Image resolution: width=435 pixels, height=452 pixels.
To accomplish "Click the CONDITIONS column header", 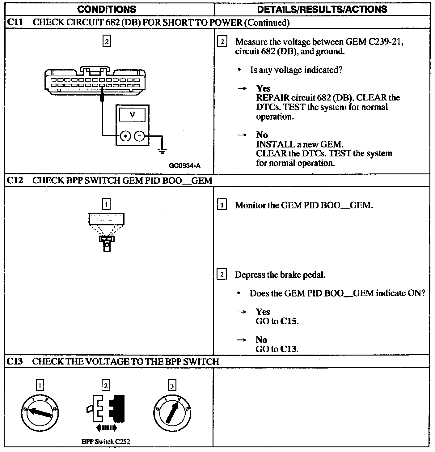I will (x=107, y=9).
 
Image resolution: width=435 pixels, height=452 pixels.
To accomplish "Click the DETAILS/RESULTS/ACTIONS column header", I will (x=322, y=9).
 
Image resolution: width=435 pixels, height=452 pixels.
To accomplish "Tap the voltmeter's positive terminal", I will (x=125, y=136).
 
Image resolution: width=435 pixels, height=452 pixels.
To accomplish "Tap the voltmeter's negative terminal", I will (x=140, y=136).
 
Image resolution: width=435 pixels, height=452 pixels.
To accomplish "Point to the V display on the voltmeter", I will (x=132, y=115).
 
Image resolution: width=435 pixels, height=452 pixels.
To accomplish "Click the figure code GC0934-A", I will (x=184, y=166).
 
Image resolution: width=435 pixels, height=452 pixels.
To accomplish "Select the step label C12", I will (x=14, y=181).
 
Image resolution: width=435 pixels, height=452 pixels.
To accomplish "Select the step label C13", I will (x=14, y=361).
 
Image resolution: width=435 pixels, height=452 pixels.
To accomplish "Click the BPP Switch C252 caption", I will (x=106, y=441).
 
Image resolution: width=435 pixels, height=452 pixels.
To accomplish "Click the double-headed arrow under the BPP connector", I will (x=107, y=428).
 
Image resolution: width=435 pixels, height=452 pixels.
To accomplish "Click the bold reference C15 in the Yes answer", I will (x=289, y=322).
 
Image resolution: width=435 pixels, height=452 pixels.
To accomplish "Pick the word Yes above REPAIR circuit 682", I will (x=263, y=88).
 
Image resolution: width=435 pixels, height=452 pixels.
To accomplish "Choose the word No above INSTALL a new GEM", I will (x=262, y=135).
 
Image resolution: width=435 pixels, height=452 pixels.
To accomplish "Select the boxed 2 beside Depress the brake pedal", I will (x=222, y=275).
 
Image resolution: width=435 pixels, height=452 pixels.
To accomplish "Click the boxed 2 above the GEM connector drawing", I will (x=107, y=41).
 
